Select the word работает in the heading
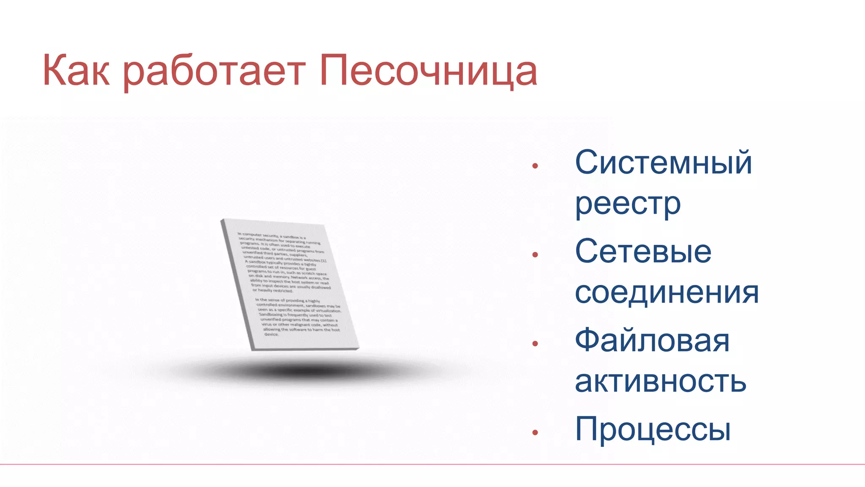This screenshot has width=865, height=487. [x=215, y=71]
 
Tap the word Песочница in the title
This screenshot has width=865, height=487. [x=428, y=71]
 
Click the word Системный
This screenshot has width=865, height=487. [x=664, y=162]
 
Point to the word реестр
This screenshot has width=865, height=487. [x=628, y=204]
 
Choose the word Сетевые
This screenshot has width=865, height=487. [x=643, y=251]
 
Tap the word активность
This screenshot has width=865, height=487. [x=661, y=381]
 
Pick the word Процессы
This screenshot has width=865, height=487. [x=653, y=429]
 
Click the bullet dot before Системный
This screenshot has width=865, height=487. [x=535, y=166]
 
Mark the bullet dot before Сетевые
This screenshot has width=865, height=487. [x=535, y=254]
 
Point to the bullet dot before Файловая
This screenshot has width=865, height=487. [x=535, y=344]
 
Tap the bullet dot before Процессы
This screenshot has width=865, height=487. [x=535, y=432]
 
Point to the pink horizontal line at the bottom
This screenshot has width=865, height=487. [x=432, y=464]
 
